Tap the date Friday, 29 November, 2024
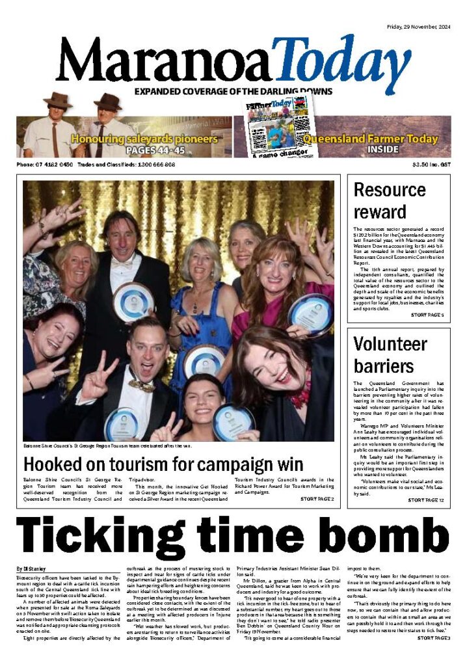[x=421, y=8]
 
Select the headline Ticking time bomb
[x=232, y=535]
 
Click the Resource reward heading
[x=390, y=200]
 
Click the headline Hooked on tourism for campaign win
[x=163, y=464]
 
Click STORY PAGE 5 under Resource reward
[x=427, y=315]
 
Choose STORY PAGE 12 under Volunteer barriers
[x=426, y=500]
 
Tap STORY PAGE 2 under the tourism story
[x=317, y=499]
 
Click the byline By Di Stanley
[x=32, y=569]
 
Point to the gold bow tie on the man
[x=142, y=386]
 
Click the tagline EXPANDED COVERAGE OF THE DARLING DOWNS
[x=233, y=92]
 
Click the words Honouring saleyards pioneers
[x=144, y=139]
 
